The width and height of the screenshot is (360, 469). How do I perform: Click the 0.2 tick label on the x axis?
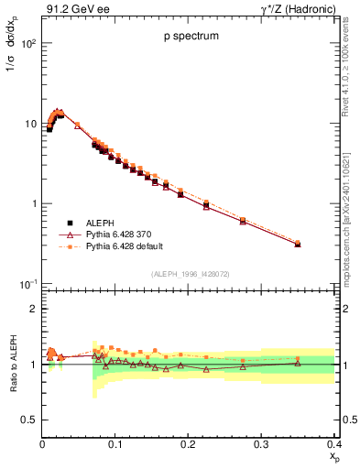tap(188, 444)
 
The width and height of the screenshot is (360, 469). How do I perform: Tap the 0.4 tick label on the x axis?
tap(334, 444)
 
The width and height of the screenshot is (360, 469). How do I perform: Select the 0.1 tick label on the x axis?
tap(115, 444)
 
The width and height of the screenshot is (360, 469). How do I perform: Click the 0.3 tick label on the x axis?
tap(261, 444)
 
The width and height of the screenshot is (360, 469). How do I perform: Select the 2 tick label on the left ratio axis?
tap(34, 309)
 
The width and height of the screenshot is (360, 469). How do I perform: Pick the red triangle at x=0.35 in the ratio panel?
tap(298, 363)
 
